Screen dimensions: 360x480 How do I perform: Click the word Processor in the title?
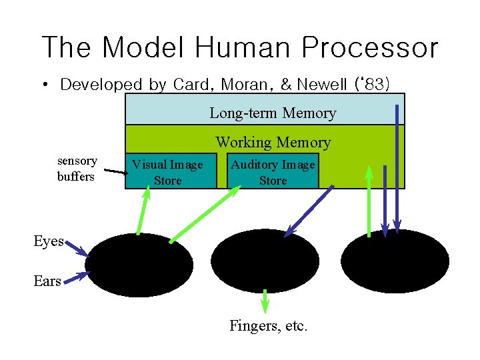[x=369, y=49]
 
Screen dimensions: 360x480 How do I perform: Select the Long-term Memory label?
[x=273, y=113]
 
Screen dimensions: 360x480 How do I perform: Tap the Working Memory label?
[x=273, y=142]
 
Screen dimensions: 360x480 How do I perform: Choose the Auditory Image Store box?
[x=273, y=172]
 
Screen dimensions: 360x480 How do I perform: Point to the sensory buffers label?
[x=77, y=169]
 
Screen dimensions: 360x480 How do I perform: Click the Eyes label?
[x=48, y=241]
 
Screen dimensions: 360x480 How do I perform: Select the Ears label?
[x=47, y=281]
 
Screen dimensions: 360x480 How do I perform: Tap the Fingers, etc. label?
[x=268, y=326]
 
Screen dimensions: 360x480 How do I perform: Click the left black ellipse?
[x=139, y=265]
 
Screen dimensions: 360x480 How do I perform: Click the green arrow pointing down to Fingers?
[x=265, y=301]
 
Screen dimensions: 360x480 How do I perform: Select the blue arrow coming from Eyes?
[x=77, y=249]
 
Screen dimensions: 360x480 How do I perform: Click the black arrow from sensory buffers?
[x=116, y=173]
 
